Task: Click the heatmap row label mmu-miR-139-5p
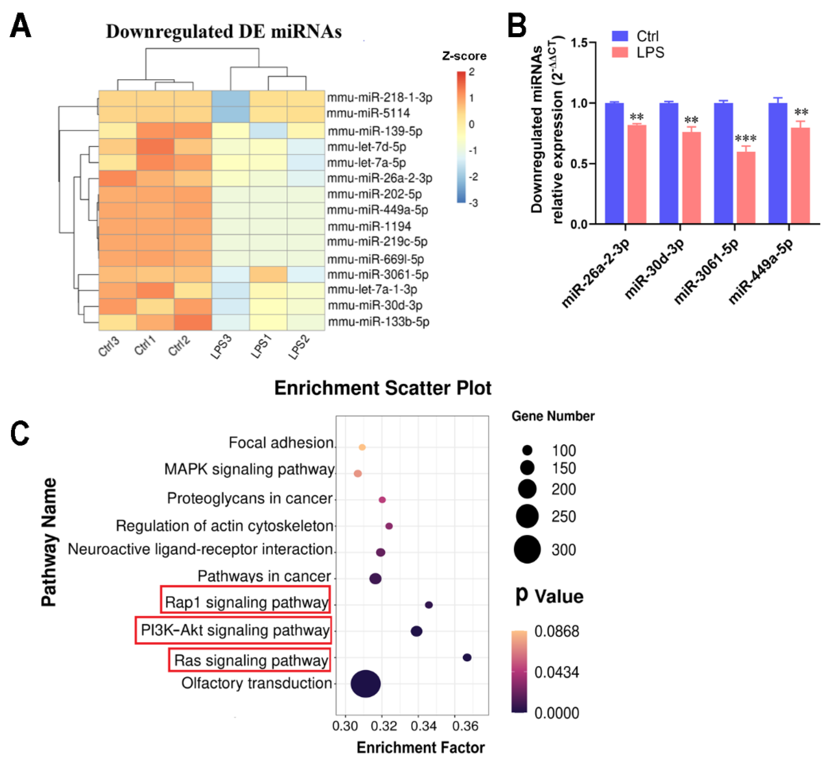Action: (375, 131)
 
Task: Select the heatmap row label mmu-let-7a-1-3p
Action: (372, 289)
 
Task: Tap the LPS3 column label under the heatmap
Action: (221, 347)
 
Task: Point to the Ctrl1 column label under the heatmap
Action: (145, 345)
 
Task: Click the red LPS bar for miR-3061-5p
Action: (745, 188)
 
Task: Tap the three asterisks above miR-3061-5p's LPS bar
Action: (745, 138)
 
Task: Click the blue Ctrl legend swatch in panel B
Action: (620, 36)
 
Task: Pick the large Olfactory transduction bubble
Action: (365, 683)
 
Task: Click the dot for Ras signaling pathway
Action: (467, 657)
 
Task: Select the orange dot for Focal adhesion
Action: (362, 447)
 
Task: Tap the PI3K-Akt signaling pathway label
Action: (235, 630)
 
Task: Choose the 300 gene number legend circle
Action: (527, 549)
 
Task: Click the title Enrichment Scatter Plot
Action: (383, 388)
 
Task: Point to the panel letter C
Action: (20, 433)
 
